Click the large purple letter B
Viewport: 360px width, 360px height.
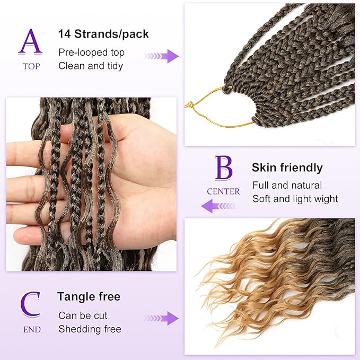pos(223,168)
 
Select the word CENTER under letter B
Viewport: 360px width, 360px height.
pos(223,191)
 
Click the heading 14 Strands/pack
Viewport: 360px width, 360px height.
pos(103,34)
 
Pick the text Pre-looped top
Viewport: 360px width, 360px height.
pos(92,52)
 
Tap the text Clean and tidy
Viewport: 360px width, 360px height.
pos(91,66)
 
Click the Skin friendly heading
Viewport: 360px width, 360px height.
pos(287,168)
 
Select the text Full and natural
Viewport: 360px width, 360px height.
pos(287,186)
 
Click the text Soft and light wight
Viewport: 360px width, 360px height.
pos(295,199)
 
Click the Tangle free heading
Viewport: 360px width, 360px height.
pos(89,296)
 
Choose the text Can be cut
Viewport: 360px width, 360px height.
pos(83,315)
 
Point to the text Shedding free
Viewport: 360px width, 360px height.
pos(90,329)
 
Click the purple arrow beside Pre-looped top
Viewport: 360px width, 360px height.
pos(162,56)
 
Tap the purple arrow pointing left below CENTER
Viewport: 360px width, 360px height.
pos(218,206)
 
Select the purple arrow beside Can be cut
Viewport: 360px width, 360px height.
pos(162,318)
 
